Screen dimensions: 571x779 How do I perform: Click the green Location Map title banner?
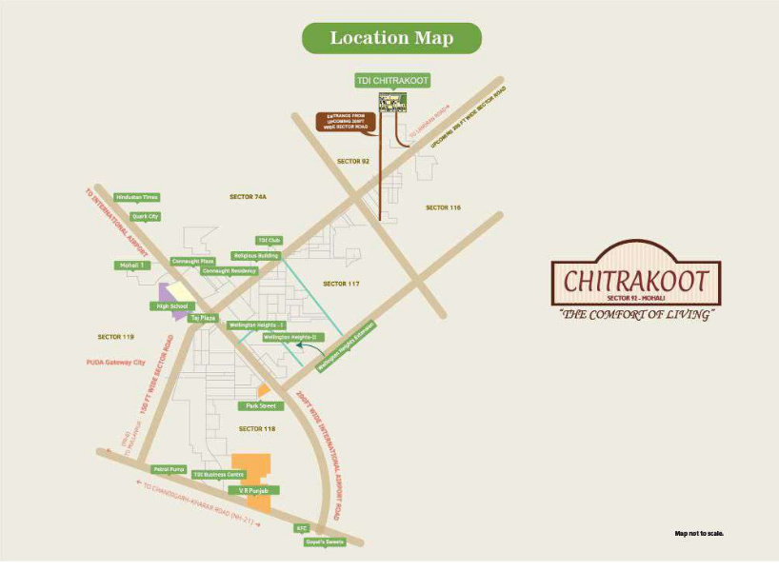click(391, 38)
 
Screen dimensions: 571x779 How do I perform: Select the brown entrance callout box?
click(346, 122)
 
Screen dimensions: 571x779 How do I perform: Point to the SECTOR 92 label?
click(352, 162)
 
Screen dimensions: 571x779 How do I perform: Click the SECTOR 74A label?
click(248, 196)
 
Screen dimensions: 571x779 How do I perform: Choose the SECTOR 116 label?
click(443, 207)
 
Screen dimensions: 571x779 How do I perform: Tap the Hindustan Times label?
click(136, 197)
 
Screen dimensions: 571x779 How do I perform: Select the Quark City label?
click(146, 217)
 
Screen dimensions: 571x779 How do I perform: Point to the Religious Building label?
click(255, 256)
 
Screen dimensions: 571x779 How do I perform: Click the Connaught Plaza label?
click(193, 261)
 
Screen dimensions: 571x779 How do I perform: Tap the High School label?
click(172, 306)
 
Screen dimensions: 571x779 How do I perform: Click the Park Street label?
click(260, 405)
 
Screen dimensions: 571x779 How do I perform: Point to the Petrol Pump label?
click(167, 469)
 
